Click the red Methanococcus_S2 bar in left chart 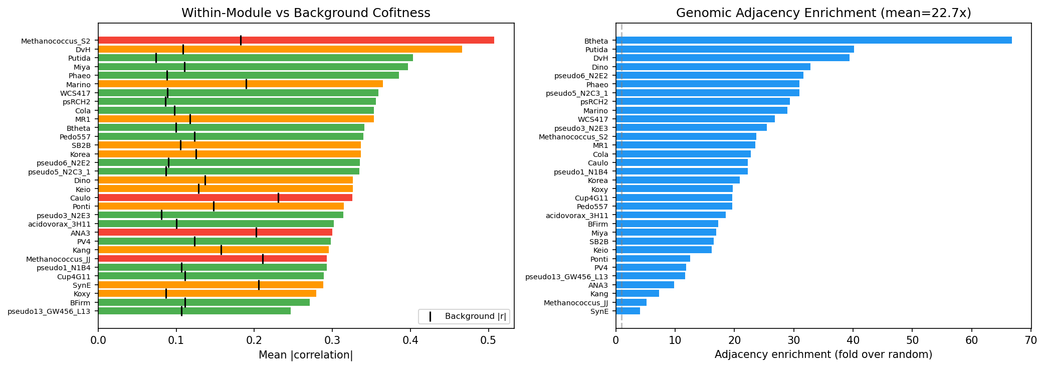[296, 40]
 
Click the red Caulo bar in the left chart [225, 198]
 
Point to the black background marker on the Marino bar [246, 84]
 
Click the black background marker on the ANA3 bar [256, 232]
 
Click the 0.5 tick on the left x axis [488, 340]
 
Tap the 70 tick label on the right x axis [1030, 340]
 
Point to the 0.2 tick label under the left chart [254, 340]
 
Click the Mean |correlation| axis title [306, 355]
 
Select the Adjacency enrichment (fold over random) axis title [823, 355]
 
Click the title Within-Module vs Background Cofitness [306, 13]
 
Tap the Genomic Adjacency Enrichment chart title [823, 13]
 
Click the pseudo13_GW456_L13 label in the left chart [49, 311]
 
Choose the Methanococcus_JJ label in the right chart [576, 303]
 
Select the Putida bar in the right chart [735, 49]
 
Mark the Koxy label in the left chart [82, 294]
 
